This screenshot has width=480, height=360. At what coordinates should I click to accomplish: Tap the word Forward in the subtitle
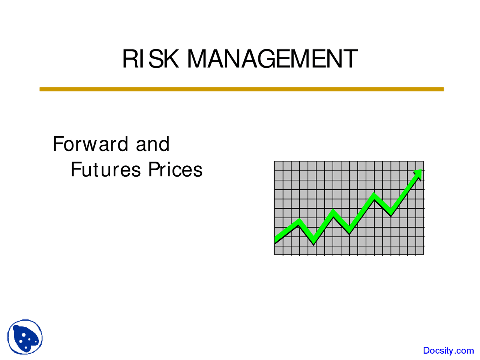tap(90, 144)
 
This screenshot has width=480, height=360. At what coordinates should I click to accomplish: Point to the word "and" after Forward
tap(153, 144)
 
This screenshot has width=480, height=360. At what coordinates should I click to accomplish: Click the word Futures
tap(105, 169)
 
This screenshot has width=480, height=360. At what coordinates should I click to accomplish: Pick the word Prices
tap(175, 169)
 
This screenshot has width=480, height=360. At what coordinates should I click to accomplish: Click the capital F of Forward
tap(58, 144)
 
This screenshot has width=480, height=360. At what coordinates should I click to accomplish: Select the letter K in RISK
tap(171, 59)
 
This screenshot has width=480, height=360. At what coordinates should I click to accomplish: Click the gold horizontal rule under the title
tap(241, 89)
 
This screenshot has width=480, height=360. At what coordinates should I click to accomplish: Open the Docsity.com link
tap(448, 351)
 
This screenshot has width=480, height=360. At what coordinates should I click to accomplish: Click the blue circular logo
tap(25, 337)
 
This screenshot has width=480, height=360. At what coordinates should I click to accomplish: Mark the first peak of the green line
tap(298, 222)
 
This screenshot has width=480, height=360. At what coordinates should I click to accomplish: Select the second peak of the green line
tap(333, 212)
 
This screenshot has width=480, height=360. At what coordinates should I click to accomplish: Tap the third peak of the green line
tap(374, 195)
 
